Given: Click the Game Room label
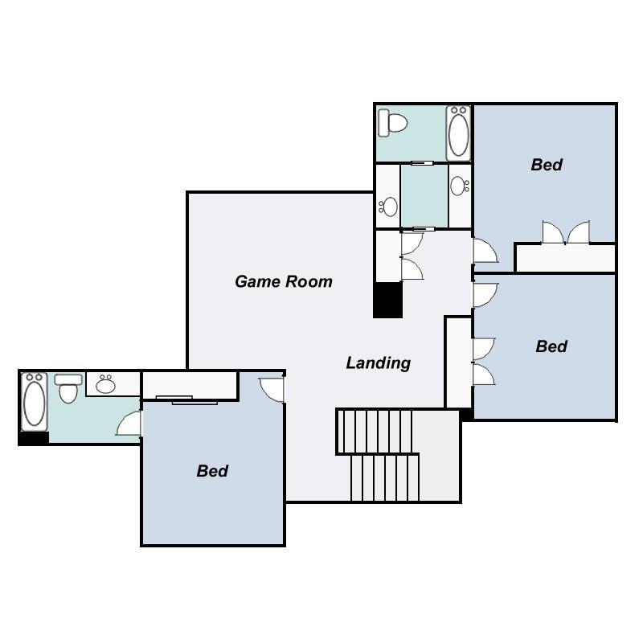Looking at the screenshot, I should (x=283, y=281).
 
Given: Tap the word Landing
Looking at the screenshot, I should (x=378, y=363).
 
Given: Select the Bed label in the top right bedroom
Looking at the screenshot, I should (x=547, y=165).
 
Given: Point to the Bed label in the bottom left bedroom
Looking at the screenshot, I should (x=212, y=471).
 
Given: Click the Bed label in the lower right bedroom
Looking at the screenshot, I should (x=551, y=346).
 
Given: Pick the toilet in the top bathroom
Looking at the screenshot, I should (x=395, y=123).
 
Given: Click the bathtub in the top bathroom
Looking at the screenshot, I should (x=459, y=133).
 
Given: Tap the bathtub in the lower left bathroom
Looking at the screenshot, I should (x=35, y=399).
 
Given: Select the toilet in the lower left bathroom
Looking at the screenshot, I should (x=68, y=389).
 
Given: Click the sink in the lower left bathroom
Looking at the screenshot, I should (x=105, y=385).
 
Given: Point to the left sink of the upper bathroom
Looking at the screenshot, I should (x=389, y=207).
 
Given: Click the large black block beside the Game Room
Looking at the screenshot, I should (x=387, y=300).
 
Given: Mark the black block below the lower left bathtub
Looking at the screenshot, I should (x=34, y=438).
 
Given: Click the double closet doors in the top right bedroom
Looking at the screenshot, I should (x=566, y=232).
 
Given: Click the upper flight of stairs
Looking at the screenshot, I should (x=375, y=431).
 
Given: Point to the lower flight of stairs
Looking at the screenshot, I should (x=385, y=477).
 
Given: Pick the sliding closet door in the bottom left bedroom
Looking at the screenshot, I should (x=185, y=399).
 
